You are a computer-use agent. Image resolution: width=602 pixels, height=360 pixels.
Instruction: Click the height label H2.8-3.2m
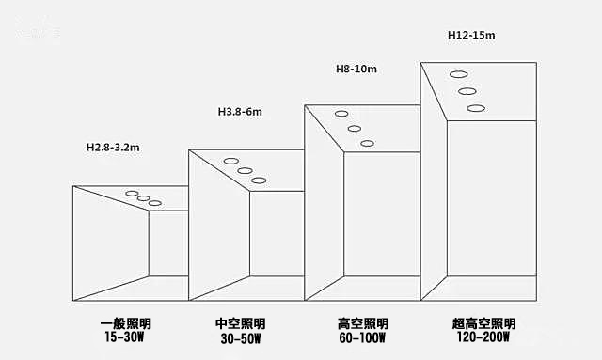[x=113, y=148]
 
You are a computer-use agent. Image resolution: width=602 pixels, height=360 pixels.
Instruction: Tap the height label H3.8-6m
[x=239, y=112]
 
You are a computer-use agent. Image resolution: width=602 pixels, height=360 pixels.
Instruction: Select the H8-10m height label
[x=357, y=69]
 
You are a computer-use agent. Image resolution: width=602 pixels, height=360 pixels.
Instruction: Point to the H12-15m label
[x=471, y=35]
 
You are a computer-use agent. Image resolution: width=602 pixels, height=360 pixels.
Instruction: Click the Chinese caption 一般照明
[x=122, y=323]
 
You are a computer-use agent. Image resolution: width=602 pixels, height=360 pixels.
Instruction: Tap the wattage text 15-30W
[x=122, y=337]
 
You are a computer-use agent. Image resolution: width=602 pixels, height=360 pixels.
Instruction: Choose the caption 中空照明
[x=241, y=323]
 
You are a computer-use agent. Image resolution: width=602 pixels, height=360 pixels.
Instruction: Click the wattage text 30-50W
[x=241, y=337]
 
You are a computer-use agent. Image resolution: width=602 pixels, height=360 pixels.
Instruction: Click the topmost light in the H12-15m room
[x=458, y=73]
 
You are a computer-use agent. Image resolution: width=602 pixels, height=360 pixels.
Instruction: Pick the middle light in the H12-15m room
[x=467, y=91]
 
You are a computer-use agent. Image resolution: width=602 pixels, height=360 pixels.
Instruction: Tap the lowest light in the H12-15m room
[x=477, y=109]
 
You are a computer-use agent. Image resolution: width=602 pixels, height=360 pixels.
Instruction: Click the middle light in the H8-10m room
[x=355, y=129]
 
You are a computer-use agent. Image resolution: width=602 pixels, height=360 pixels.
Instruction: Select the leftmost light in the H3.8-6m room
[x=230, y=162]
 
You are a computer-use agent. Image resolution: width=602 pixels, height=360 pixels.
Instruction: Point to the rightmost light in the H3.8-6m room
[x=260, y=179]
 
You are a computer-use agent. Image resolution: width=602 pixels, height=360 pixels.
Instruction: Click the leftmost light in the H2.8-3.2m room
[x=132, y=195]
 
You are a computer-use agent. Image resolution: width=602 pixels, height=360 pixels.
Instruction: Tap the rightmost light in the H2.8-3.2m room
[x=155, y=204]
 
